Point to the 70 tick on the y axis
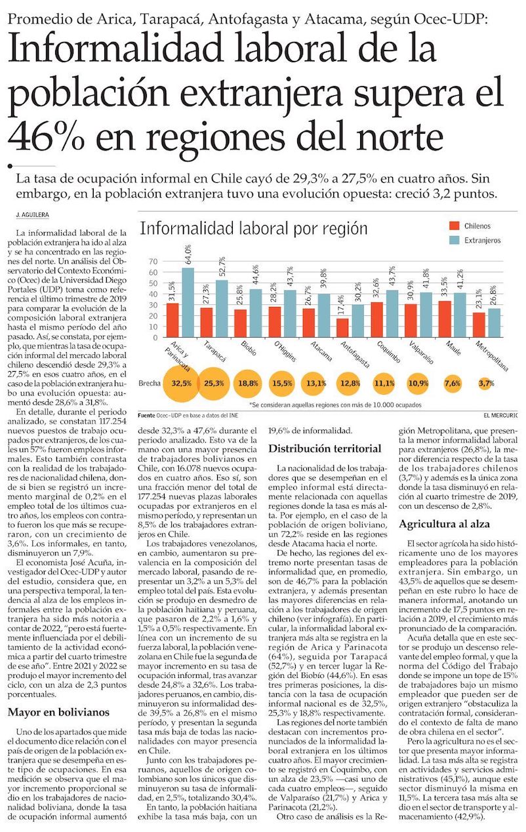pos(154,261)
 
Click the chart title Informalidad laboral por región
pos(254,229)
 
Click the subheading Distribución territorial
pos(325,449)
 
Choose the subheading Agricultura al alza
pos(445,524)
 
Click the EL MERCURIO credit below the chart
pos(500,415)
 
